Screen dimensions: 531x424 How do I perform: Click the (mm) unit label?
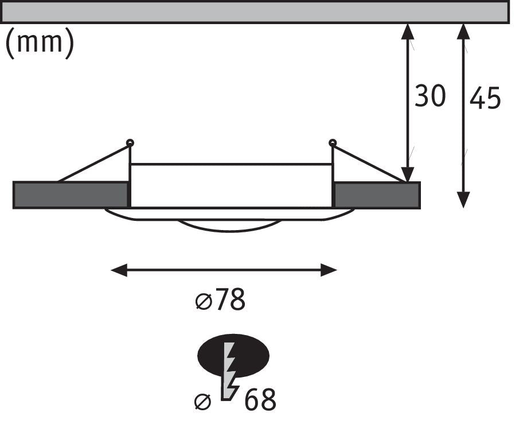click(40, 43)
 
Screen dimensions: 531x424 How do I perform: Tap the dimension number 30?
click(430, 96)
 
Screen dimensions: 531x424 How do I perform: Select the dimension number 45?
click(485, 98)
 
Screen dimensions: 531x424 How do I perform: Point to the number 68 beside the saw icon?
click(260, 399)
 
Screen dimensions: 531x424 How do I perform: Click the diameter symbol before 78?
click(204, 301)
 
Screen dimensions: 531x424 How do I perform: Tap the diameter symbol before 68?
click(202, 402)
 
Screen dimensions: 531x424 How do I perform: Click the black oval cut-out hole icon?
click(233, 356)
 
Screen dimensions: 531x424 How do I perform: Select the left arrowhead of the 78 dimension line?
click(119, 270)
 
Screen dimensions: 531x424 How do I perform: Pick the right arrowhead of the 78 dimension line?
click(329, 270)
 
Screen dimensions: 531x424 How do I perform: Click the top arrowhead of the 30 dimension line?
click(408, 32)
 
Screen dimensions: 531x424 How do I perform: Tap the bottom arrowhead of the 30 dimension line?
click(408, 174)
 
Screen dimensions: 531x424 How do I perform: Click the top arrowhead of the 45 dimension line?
click(463, 32)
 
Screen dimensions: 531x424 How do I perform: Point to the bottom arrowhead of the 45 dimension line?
click(463, 200)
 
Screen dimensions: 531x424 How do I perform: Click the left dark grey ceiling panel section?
click(71, 195)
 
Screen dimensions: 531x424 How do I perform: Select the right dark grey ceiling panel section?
click(377, 195)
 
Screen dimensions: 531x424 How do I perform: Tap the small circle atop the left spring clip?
click(130, 143)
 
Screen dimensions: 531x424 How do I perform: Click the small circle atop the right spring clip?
click(333, 143)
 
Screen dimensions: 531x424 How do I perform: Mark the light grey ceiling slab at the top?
click(255, 12)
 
